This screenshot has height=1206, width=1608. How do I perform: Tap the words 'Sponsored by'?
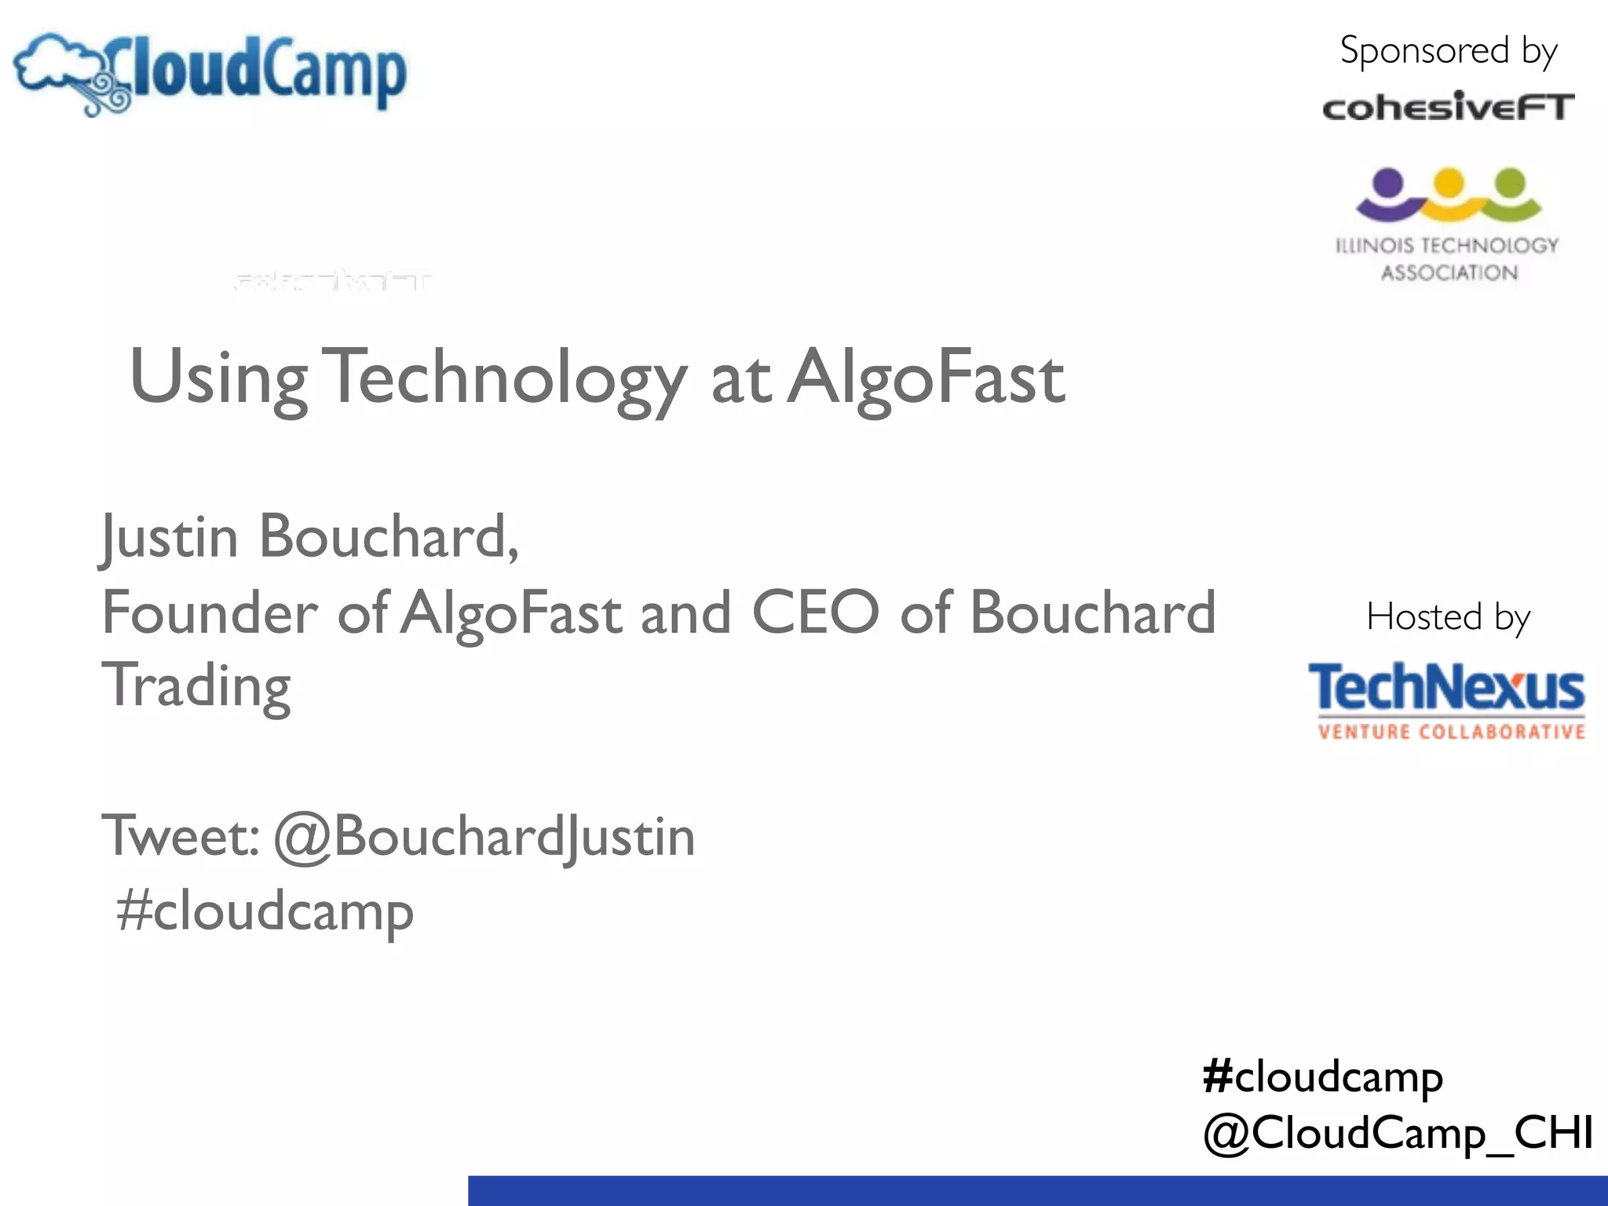[x=1448, y=52]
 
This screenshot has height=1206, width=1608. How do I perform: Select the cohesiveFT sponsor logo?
[x=1448, y=108]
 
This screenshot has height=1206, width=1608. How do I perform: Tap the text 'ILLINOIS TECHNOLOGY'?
[x=1447, y=246]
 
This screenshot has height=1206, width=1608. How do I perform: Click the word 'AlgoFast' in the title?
[x=926, y=378]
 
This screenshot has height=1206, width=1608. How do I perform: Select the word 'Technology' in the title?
[x=505, y=378]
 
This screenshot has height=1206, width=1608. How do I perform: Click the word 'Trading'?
[x=196, y=686]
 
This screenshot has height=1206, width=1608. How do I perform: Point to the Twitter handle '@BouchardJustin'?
[x=484, y=837]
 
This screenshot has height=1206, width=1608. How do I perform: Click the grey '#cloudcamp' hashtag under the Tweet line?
[x=265, y=912]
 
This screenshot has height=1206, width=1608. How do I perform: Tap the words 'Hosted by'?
[x=1448, y=617]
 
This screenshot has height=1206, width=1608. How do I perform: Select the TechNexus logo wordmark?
[x=1446, y=687]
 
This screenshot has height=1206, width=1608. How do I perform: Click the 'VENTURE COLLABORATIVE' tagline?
[x=1451, y=733]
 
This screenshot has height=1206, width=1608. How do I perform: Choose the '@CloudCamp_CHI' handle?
[x=1398, y=1134]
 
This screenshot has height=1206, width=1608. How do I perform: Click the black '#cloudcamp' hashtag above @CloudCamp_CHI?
[x=1322, y=1076]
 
